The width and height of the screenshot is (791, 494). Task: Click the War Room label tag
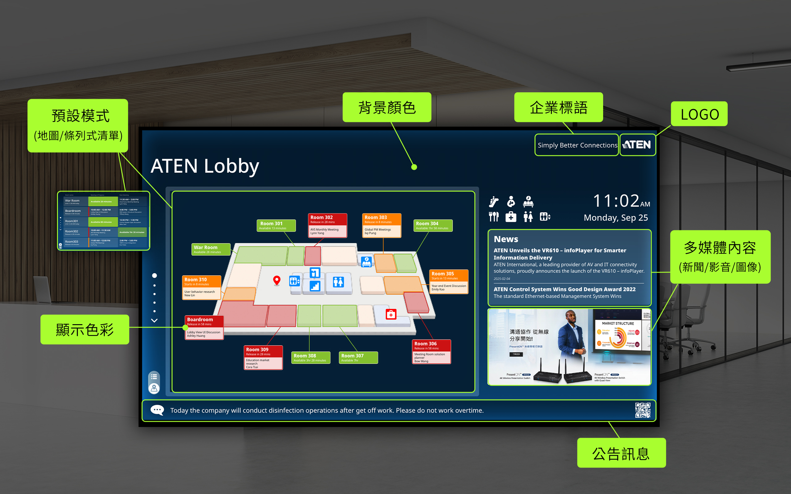pyautogui.click(x=210, y=249)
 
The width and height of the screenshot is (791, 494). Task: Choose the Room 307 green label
pyautogui.click(x=358, y=358)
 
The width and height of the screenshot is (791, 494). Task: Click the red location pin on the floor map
pyautogui.click(x=277, y=280)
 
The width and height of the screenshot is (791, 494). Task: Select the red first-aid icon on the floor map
pyautogui.click(x=391, y=314)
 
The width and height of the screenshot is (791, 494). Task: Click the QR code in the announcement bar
pyautogui.click(x=642, y=410)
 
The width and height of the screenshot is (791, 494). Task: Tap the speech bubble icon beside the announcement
pyautogui.click(x=157, y=410)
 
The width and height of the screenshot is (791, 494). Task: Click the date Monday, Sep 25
pyautogui.click(x=615, y=218)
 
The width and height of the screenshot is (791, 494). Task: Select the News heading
pyautogui.click(x=505, y=239)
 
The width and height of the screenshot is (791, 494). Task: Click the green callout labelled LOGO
pyautogui.click(x=699, y=114)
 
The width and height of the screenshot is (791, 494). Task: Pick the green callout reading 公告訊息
pyautogui.click(x=621, y=453)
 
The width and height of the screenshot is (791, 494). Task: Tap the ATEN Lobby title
pyautogui.click(x=205, y=166)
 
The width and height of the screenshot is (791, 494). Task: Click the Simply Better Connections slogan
pyautogui.click(x=577, y=145)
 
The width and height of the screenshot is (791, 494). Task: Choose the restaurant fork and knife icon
pyautogui.click(x=493, y=217)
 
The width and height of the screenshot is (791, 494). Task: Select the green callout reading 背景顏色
pyautogui.click(x=387, y=107)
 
